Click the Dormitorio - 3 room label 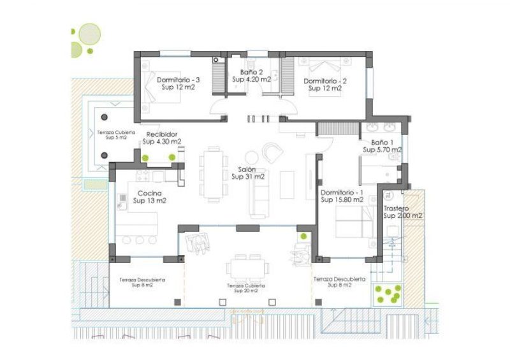(178, 80)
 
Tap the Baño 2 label (251, 72)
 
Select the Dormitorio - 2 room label (325, 81)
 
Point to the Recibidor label (162, 134)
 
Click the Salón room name (247, 169)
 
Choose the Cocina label (149, 194)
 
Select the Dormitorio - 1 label (342, 192)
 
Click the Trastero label (396, 208)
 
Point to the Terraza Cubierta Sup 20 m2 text (246, 288)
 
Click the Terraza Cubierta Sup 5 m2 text (116, 135)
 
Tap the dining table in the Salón (214, 175)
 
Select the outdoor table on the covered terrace (247, 268)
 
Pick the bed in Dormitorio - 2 (325, 76)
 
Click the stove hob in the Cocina (142, 176)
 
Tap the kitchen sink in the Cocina (122, 201)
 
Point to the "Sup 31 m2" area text (248, 176)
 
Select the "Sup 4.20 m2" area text (251, 80)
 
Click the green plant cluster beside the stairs (388, 294)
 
